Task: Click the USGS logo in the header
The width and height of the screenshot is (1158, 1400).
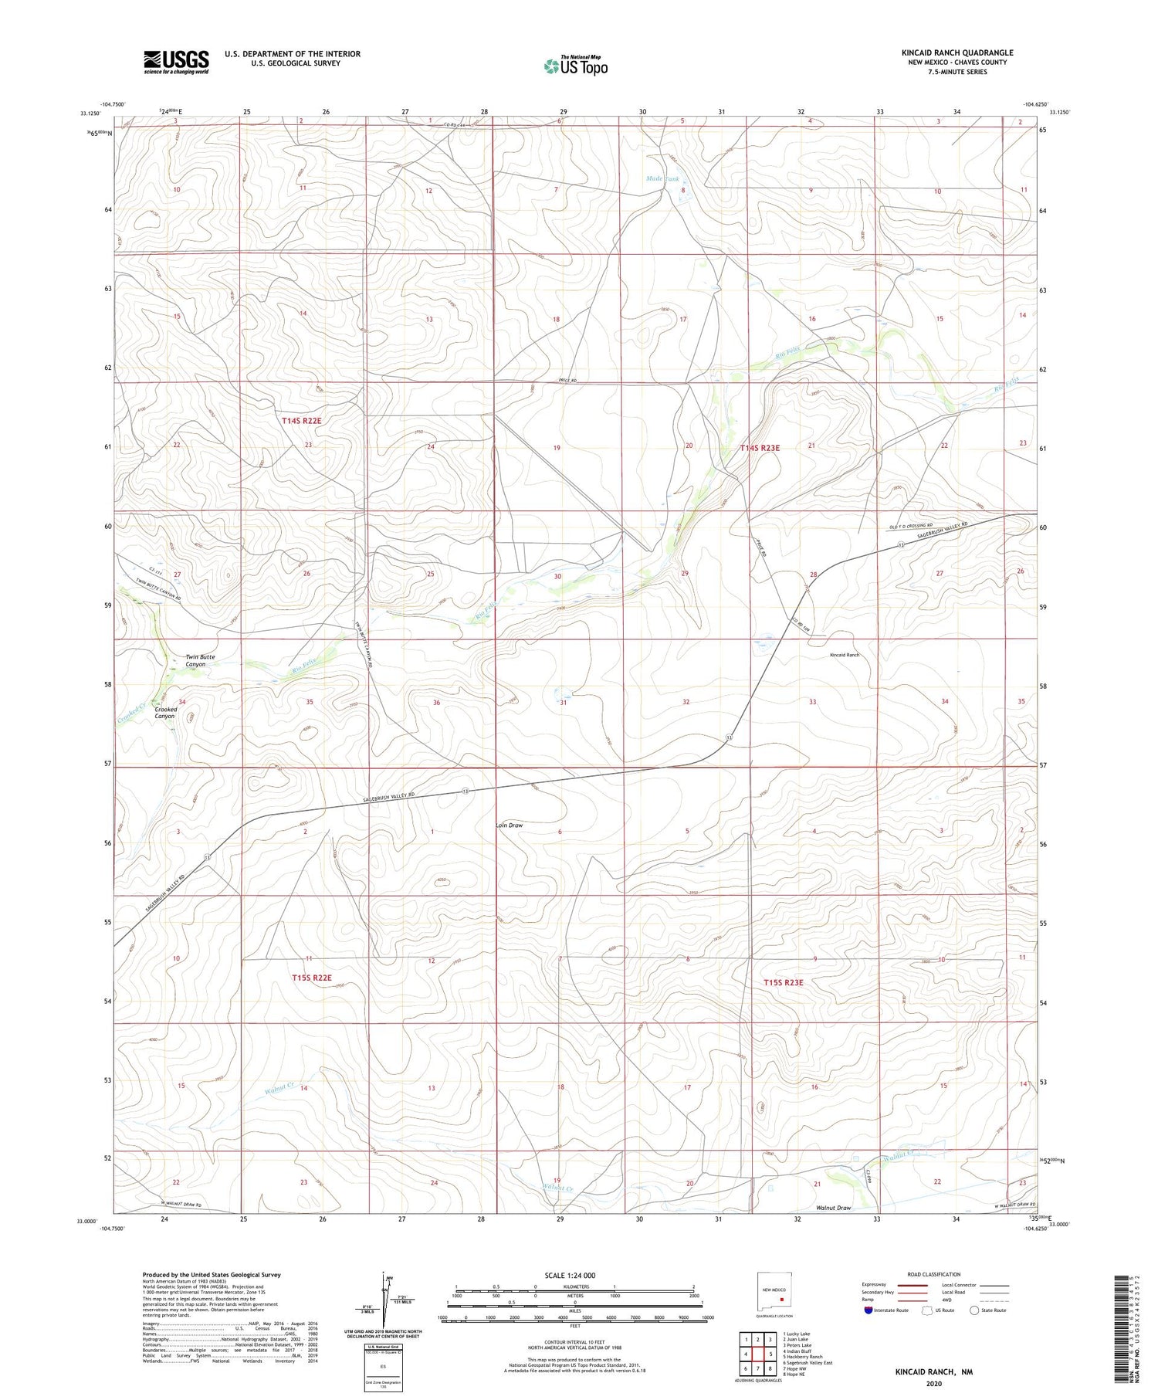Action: coord(176,62)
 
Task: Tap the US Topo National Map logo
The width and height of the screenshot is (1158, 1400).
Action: coord(575,66)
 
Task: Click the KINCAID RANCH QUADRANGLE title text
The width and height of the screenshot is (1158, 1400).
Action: coord(957,53)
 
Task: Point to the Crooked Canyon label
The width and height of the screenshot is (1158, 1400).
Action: coord(164,712)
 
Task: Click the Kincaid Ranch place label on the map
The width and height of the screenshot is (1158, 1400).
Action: coord(844,655)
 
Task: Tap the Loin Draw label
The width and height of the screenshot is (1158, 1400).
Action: coord(509,825)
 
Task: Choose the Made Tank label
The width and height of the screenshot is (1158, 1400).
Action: coord(662,178)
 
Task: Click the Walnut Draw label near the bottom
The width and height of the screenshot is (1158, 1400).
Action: coord(833,1208)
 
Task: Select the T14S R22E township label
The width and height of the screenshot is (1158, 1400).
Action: coord(301,421)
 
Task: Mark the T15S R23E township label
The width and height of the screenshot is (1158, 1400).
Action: coord(783,983)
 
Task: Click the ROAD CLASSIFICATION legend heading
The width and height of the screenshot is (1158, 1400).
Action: coord(934,1274)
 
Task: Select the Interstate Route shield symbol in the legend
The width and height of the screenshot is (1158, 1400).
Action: coord(868,1310)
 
